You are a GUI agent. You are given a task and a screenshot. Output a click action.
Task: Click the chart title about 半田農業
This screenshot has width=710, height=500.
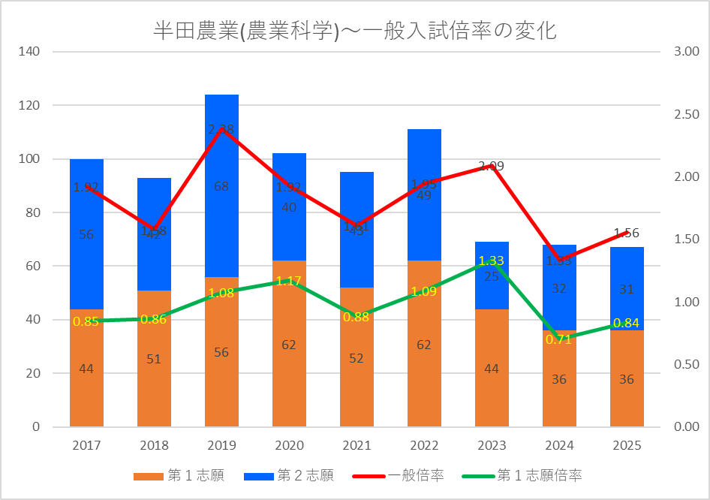[354, 31]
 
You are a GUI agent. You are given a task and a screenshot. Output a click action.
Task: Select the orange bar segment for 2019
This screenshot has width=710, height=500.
[221, 375]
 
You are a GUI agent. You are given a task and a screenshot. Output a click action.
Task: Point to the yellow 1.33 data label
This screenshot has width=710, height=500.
[492, 261]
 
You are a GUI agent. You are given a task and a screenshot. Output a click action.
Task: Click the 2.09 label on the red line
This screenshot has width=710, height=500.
[492, 166]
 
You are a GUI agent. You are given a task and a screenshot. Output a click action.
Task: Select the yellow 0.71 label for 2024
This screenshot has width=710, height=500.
[559, 339]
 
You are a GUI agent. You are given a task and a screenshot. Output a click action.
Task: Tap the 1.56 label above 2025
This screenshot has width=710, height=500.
[627, 233]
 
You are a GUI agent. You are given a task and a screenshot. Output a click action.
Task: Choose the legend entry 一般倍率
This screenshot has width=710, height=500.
[416, 475]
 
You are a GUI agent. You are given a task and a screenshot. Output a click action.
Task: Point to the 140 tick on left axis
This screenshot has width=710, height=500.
[31, 52]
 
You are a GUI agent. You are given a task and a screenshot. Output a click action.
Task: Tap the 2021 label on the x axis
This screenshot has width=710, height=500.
[357, 445]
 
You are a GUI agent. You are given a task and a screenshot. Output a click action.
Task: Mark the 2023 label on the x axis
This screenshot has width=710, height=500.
[492, 445]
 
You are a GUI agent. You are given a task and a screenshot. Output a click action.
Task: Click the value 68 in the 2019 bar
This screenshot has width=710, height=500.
[221, 186]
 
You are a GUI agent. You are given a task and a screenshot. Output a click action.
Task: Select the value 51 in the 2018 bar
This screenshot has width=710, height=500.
[154, 359]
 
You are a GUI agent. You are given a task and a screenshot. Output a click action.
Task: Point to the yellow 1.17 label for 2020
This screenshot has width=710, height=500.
[289, 281]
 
